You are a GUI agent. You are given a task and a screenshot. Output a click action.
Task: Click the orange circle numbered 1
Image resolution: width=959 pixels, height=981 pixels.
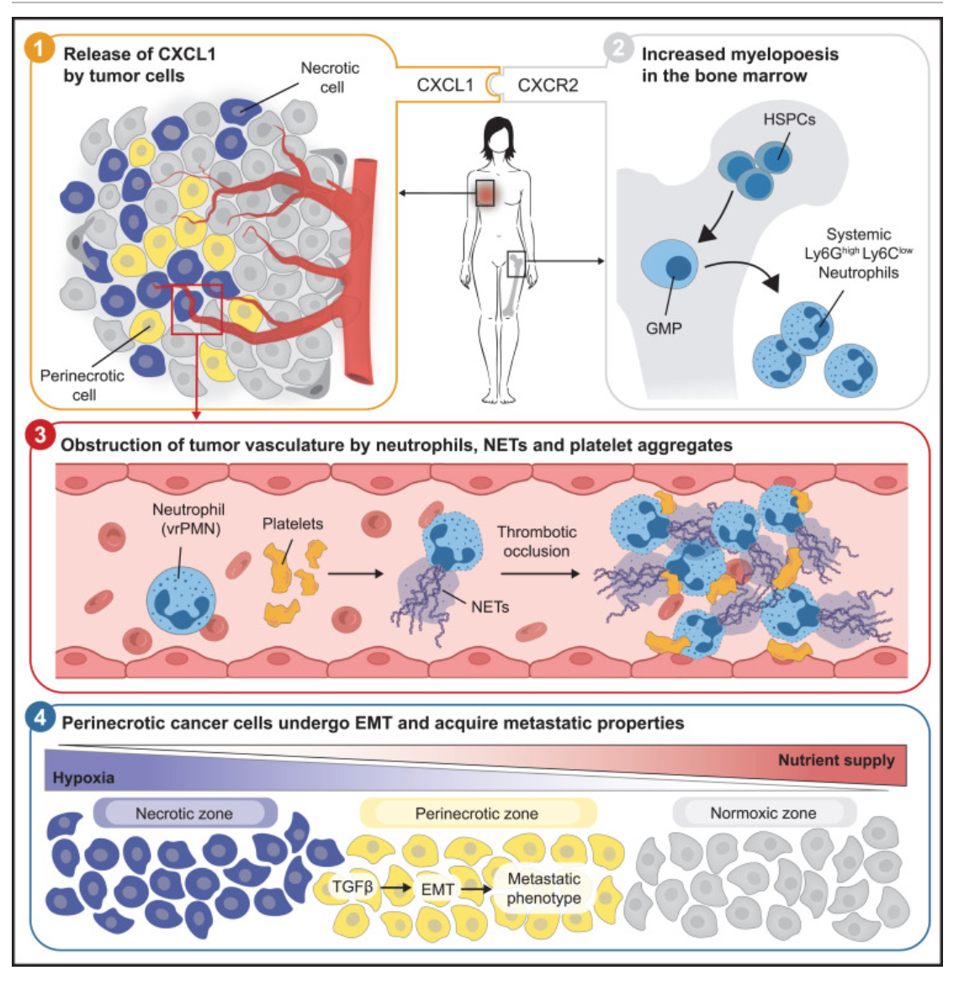40,48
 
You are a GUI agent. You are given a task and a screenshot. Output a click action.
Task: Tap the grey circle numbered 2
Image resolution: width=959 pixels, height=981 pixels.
618,48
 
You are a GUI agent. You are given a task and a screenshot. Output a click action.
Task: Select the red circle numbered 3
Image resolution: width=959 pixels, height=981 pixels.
40,436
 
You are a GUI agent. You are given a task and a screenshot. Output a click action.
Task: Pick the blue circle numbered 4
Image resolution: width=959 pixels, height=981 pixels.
40,719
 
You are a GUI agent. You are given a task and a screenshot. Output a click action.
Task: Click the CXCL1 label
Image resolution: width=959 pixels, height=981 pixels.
445,85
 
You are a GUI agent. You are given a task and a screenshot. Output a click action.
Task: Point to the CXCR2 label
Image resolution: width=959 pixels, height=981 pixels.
548,85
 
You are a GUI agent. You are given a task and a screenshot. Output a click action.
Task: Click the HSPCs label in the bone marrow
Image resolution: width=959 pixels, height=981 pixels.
789,119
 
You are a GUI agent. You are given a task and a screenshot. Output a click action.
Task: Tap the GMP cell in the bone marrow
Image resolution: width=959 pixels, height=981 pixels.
670,265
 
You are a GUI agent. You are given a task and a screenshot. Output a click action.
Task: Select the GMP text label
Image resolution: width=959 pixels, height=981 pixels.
664,328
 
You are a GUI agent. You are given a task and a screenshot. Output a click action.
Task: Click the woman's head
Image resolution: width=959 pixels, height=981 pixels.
499,137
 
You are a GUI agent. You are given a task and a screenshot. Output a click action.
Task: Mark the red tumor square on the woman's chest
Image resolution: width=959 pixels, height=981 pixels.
485,193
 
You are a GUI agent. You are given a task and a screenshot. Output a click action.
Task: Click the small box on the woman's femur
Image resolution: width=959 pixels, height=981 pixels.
517,263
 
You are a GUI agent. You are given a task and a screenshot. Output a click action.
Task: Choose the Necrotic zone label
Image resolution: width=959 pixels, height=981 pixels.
184,814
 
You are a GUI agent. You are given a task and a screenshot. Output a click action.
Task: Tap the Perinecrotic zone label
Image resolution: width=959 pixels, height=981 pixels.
476,814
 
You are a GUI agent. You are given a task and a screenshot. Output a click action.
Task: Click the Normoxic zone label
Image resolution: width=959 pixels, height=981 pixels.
763,814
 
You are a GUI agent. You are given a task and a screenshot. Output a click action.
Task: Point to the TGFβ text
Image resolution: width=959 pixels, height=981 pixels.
352,887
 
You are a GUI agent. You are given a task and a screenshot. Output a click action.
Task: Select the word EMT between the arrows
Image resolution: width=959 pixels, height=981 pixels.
437,889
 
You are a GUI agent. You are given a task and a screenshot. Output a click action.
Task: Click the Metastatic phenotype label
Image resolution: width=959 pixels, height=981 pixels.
543,888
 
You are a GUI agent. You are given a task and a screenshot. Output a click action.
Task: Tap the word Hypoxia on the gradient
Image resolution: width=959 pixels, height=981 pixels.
83,777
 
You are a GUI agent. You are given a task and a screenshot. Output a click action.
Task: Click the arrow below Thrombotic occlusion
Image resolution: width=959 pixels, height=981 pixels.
540,575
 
